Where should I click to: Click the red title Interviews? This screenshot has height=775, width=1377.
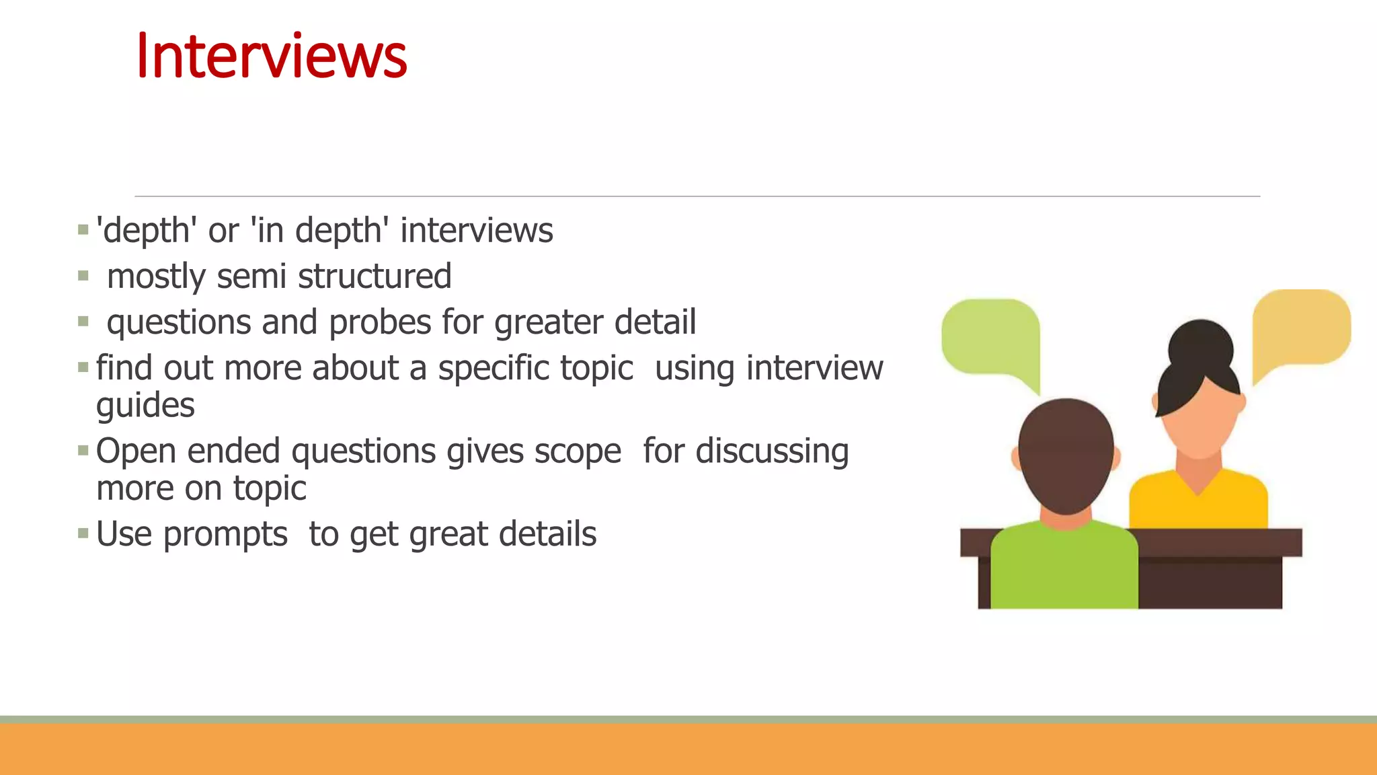(x=271, y=57)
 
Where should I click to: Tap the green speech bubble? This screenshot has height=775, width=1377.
(x=990, y=336)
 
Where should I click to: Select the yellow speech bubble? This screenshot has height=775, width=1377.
(x=1300, y=328)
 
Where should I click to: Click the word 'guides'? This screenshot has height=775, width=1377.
(x=145, y=406)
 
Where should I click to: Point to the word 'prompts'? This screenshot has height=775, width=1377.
(x=225, y=535)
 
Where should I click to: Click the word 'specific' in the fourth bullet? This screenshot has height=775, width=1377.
(x=494, y=369)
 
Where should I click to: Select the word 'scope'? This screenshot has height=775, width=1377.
(x=578, y=451)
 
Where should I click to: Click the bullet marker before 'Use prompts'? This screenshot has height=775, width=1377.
(x=83, y=534)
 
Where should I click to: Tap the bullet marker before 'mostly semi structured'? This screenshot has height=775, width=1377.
(x=83, y=276)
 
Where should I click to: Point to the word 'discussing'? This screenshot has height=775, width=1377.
(x=772, y=451)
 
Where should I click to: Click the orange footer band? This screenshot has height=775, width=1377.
(x=688, y=748)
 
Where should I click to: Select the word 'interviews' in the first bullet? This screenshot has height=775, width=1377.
(x=477, y=231)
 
